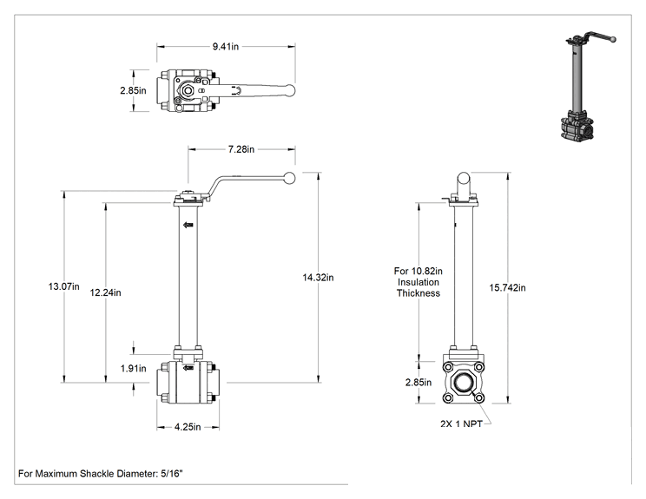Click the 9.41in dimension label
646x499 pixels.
click(x=226, y=47)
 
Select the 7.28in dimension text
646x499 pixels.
click(x=241, y=149)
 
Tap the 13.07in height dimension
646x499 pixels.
click(x=64, y=286)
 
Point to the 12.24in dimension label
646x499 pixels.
click(x=105, y=292)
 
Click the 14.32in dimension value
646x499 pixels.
click(x=318, y=278)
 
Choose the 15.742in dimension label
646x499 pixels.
click(x=507, y=288)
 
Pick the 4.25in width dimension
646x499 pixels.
click(x=188, y=427)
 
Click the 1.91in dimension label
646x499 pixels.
click(x=133, y=368)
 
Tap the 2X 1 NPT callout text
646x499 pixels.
click(x=461, y=423)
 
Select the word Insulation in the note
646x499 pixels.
click(x=419, y=282)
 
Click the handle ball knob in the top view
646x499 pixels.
click(x=291, y=90)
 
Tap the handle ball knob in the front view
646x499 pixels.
click(x=290, y=178)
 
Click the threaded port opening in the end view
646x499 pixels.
click(x=464, y=383)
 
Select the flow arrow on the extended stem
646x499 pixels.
click(x=188, y=225)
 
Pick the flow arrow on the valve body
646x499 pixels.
click(x=188, y=367)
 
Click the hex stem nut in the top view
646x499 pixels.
click(x=188, y=90)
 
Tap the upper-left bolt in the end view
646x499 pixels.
click(x=448, y=367)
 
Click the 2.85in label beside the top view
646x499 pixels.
click(x=133, y=90)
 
